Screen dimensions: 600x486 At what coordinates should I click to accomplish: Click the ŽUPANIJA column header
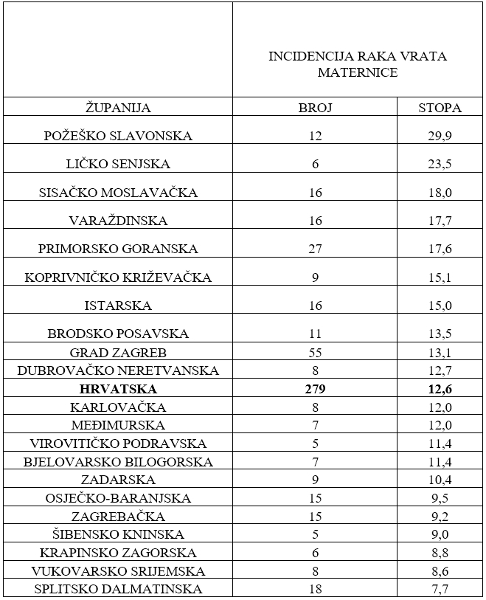coord(118,108)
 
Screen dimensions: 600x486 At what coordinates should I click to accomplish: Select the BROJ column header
coord(315,108)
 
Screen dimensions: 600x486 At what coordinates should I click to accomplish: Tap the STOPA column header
coord(440,108)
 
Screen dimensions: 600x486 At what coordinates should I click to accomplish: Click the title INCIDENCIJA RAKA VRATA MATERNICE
coord(358,64)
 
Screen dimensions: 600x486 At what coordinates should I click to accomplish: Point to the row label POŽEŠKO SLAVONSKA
coord(118,136)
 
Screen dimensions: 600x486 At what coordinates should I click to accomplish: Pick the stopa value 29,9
coord(440,136)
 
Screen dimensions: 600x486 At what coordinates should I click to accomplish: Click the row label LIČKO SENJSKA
coord(118,164)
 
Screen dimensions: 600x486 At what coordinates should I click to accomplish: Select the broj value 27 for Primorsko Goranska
coord(315,249)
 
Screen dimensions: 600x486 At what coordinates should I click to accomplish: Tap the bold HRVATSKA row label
coord(118,389)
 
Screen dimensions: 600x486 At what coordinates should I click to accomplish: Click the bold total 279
coord(315,389)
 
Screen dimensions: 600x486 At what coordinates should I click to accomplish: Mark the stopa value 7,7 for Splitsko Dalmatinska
coord(440,589)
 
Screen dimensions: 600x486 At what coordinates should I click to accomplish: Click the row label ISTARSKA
coord(118,306)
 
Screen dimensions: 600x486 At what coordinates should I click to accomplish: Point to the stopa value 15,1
coord(440,277)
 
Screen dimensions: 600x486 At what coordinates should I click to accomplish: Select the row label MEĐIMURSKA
coord(118,425)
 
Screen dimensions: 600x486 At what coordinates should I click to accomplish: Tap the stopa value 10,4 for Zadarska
coord(440,480)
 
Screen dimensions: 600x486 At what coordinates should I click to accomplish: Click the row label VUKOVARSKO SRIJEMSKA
coord(118,571)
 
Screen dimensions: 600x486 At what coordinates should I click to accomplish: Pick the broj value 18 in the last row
coord(315,589)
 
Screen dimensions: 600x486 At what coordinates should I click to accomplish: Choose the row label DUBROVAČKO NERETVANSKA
coord(118,370)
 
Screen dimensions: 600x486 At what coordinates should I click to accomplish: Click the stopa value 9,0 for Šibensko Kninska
coord(440,534)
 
